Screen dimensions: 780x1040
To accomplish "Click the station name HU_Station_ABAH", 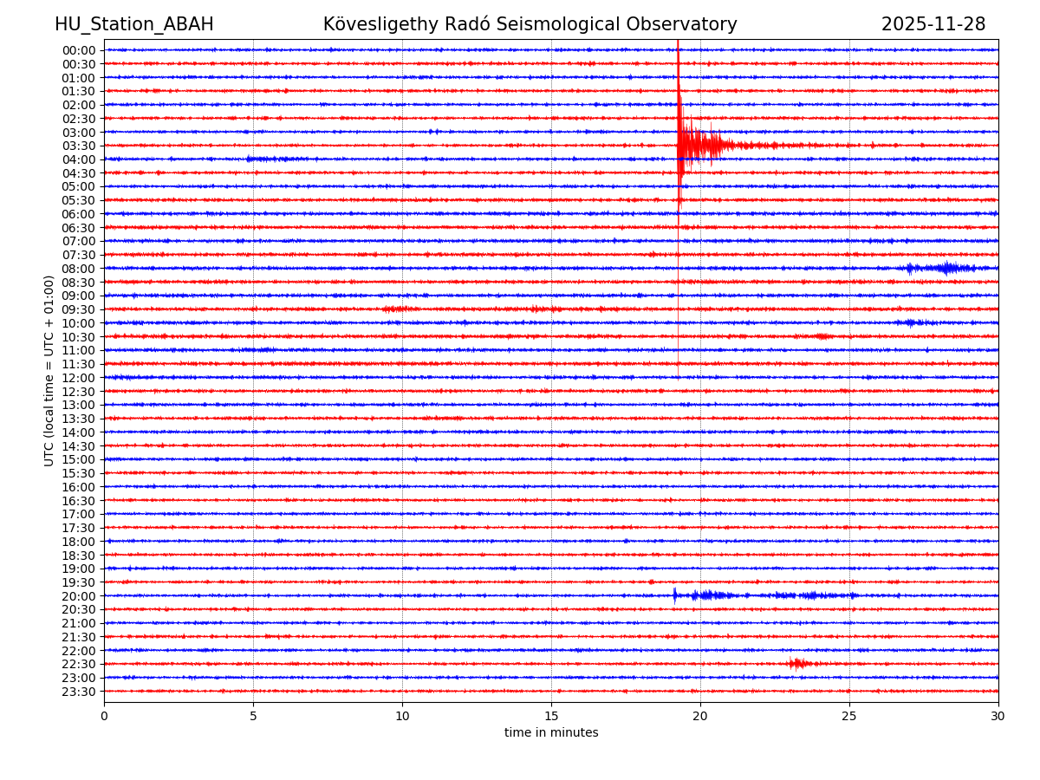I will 133,25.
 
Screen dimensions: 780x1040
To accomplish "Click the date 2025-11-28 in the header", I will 933,25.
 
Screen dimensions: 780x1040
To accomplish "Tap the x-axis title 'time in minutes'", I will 551,733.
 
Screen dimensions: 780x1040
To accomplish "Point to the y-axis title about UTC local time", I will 49,370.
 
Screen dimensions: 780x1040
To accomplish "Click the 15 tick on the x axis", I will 551,716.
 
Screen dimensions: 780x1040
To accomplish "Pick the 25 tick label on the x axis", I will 849,716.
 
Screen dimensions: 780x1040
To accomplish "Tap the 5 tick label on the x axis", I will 253,716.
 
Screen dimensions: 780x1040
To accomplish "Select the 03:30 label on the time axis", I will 79,146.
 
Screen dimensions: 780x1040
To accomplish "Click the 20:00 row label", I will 79,596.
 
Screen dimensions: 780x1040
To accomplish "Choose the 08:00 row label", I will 79,269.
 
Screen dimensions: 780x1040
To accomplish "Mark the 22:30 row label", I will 79,664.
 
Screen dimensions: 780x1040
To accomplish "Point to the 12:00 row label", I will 79,378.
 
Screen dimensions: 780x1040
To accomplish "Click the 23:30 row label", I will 79,692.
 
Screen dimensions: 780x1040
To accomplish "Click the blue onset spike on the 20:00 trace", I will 675,595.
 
